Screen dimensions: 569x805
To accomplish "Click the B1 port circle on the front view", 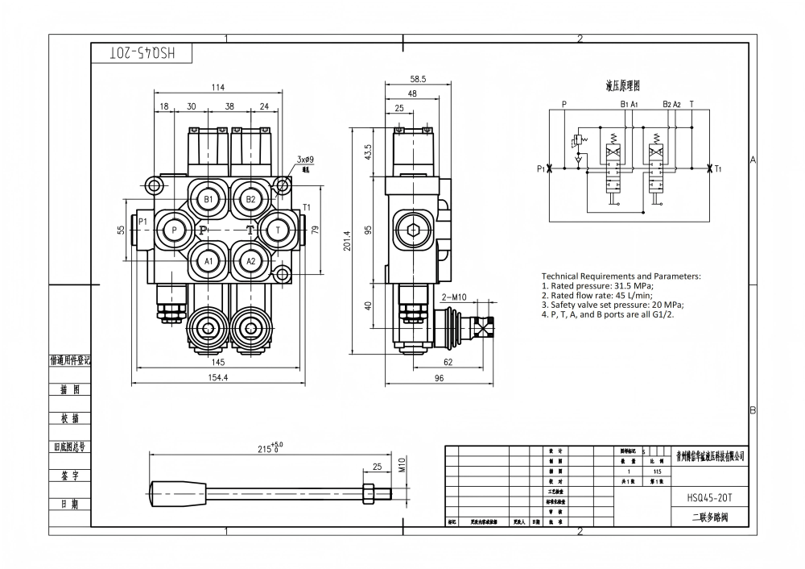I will point(208,198).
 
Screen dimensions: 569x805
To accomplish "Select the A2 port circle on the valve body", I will point(251,260).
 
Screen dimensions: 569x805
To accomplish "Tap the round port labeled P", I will point(175,231).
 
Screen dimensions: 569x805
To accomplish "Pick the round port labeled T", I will point(278,230).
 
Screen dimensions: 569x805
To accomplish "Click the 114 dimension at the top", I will point(217,88).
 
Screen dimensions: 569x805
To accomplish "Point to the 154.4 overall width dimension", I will point(218,377).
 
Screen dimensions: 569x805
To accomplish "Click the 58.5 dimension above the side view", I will point(418,79).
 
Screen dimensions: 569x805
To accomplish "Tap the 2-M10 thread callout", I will point(455,297).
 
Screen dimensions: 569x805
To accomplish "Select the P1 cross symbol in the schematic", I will point(549,169).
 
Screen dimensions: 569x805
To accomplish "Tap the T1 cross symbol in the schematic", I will point(708,169).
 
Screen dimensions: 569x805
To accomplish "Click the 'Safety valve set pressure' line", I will point(612,305).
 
